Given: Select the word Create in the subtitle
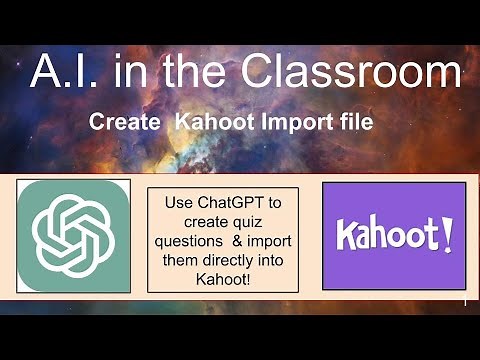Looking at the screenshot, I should point(125,123).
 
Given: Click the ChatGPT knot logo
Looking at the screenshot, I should point(73,235).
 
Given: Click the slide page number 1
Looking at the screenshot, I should point(467,300).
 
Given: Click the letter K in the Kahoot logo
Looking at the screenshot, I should point(345,236).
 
